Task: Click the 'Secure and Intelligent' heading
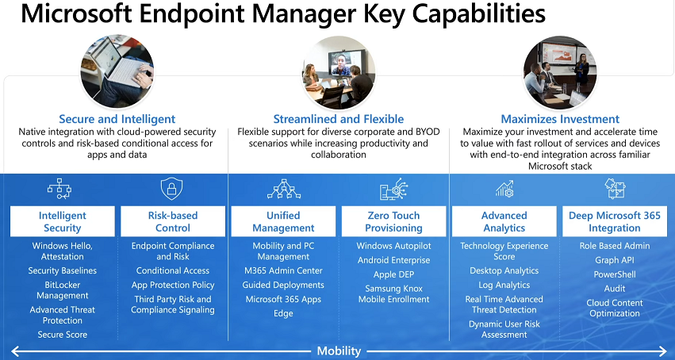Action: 117,119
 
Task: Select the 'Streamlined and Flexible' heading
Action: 339,119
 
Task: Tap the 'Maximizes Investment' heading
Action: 560,119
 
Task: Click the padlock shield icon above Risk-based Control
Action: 172,189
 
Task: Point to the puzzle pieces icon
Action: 616,189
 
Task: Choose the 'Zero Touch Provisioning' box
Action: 394,221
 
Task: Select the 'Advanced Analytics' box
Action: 504,221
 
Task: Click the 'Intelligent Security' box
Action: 63,221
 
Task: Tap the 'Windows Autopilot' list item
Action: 394,246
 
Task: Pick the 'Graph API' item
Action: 614,260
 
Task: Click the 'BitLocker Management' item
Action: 63,290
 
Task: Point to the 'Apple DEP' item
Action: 394,274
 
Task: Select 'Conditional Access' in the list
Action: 173,270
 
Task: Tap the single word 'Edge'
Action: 283,313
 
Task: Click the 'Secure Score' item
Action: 63,335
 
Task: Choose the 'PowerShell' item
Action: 614,274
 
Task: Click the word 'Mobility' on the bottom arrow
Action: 339,351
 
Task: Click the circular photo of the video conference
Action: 339,73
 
